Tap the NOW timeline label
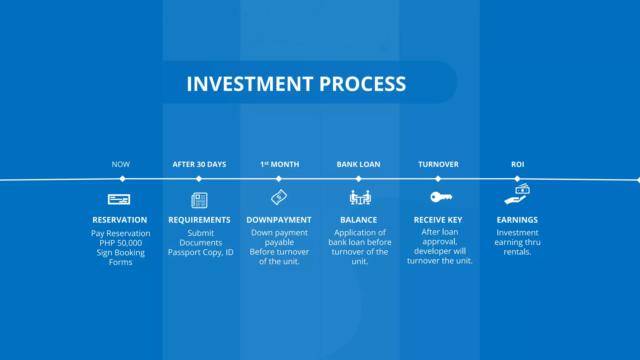[x=121, y=164]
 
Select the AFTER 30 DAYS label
[x=199, y=164]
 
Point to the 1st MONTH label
[x=280, y=164]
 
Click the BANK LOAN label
[x=358, y=164]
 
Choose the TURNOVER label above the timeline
[x=438, y=164]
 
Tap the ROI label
[x=517, y=164]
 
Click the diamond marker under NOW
[x=122, y=179]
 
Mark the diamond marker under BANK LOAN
[x=359, y=179]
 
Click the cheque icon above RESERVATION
[x=119, y=199]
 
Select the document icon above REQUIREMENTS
[x=199, y=200]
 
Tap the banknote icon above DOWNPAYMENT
[x=279, y=197]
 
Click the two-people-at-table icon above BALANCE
[x=360, y=197]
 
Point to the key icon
[x=441, y=197]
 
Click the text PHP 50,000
[x=121, y=243]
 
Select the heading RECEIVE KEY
[x=438, y=220]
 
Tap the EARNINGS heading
[x=517, y=220]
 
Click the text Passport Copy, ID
[x=201, y=252]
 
